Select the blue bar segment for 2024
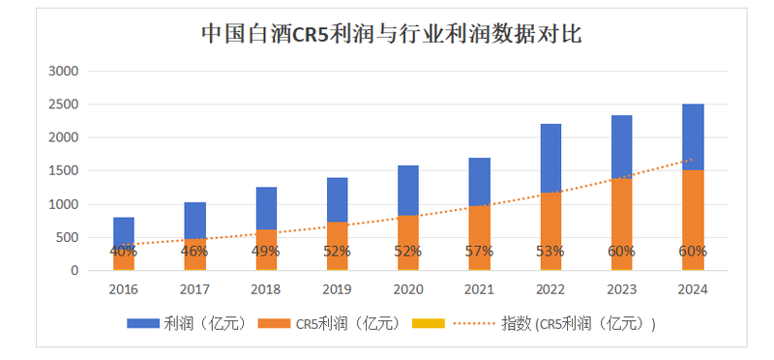pos(693,136)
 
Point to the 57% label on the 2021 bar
pos(479,252)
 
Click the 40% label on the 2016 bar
pos(123,252)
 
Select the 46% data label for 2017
pos(193,252)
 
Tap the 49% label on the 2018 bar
pos(265,252)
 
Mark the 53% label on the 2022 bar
pos(551,252)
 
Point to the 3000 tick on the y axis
pos(63,72)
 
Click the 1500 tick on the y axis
pos(63,171)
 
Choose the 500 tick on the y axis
pos(67,238)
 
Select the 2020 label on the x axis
pos(407,288)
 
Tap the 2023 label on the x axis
pos(621,288)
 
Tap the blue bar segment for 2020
pos(407,190)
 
